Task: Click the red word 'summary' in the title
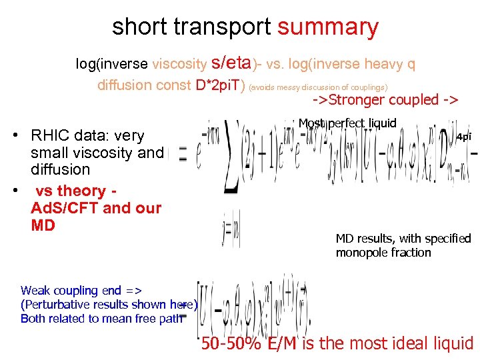[328, 27]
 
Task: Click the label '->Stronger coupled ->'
[385, 101]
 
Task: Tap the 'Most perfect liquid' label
[347, 123]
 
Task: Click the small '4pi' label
[464, 137]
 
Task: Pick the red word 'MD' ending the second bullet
[43, 225]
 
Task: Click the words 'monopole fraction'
[383, 253]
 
